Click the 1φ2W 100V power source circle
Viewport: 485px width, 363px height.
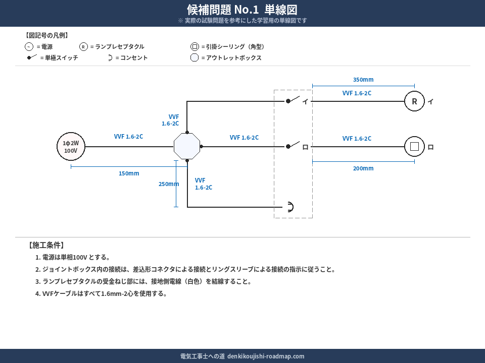click(x=71, y=147)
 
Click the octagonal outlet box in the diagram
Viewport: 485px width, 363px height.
click(x=187, y=147)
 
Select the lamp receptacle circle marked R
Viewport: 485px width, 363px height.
click(x=414, y=101)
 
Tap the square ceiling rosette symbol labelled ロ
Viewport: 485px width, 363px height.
click(x=414, y=147)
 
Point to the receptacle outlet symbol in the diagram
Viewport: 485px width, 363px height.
click(x=289, y=207)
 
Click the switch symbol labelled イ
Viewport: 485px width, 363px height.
click(x=294, y=100)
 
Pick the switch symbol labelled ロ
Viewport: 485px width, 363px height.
click(x=294, y=145)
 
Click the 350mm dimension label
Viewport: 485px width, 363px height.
click(x=363, y=80)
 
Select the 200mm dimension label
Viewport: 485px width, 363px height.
click(x=363, y=168)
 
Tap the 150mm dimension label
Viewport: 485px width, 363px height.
click(x=129, y=173)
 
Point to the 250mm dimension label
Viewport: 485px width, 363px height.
click(x=169, y=184)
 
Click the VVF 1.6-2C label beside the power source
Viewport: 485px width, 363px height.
click(x=128, y=136)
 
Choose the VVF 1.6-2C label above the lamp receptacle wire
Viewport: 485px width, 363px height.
click(x=357, y=93)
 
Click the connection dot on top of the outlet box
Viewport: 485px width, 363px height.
click(x=187, y=132)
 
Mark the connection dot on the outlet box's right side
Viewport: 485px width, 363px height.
click(x=201, y=147)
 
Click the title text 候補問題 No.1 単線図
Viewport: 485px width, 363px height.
click(x=242, y=10)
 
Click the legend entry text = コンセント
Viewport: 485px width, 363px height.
click(x=131, y=58)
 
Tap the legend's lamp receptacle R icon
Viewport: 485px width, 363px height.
click(x=83, y=47)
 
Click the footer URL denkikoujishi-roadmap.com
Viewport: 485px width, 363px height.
click(x=266, y=356)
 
